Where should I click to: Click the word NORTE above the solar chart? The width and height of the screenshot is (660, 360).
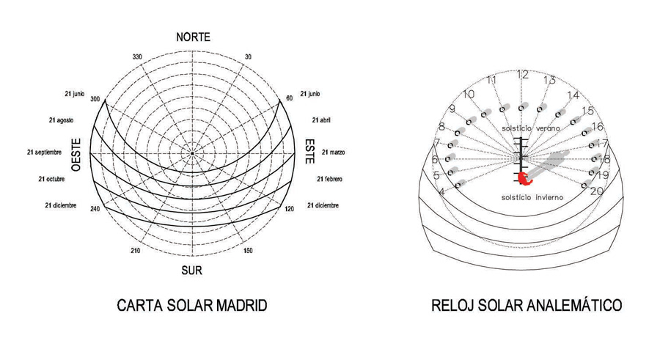(193, 37)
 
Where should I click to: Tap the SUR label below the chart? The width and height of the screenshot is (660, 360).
(192, 271)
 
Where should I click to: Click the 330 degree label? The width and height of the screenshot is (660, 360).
(136, 56)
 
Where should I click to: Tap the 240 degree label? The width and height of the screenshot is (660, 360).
(95, 209)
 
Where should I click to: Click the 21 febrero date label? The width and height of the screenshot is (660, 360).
(331, 179)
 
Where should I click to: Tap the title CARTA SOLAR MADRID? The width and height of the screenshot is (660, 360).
(191, 306)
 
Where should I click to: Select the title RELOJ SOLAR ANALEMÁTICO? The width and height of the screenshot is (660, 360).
(527, 305)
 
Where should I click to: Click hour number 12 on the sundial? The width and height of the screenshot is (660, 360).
(523, 74)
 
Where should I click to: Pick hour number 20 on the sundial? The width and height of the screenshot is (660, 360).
(596, 191)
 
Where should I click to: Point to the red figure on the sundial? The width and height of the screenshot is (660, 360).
(524, 177)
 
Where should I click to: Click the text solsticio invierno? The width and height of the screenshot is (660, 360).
(527, 196)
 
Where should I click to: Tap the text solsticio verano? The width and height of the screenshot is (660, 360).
(529, 128)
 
